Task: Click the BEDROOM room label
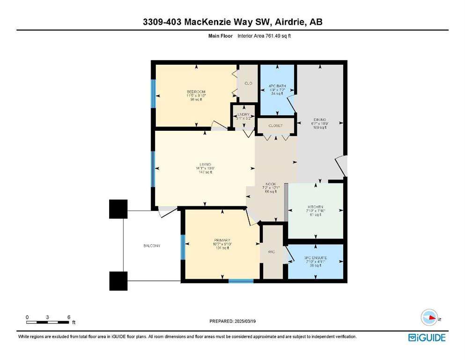pos(196,91)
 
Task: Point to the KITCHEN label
pos(315,207)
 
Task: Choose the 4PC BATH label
pos(277,86)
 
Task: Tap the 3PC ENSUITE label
pos(315,258)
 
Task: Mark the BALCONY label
pos(152,246)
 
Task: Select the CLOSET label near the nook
pos(275,126)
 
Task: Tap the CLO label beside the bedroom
pos(248,83)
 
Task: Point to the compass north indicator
pos(429,318)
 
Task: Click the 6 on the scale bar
pos(69,317)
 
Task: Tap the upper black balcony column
pos(118,209)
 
